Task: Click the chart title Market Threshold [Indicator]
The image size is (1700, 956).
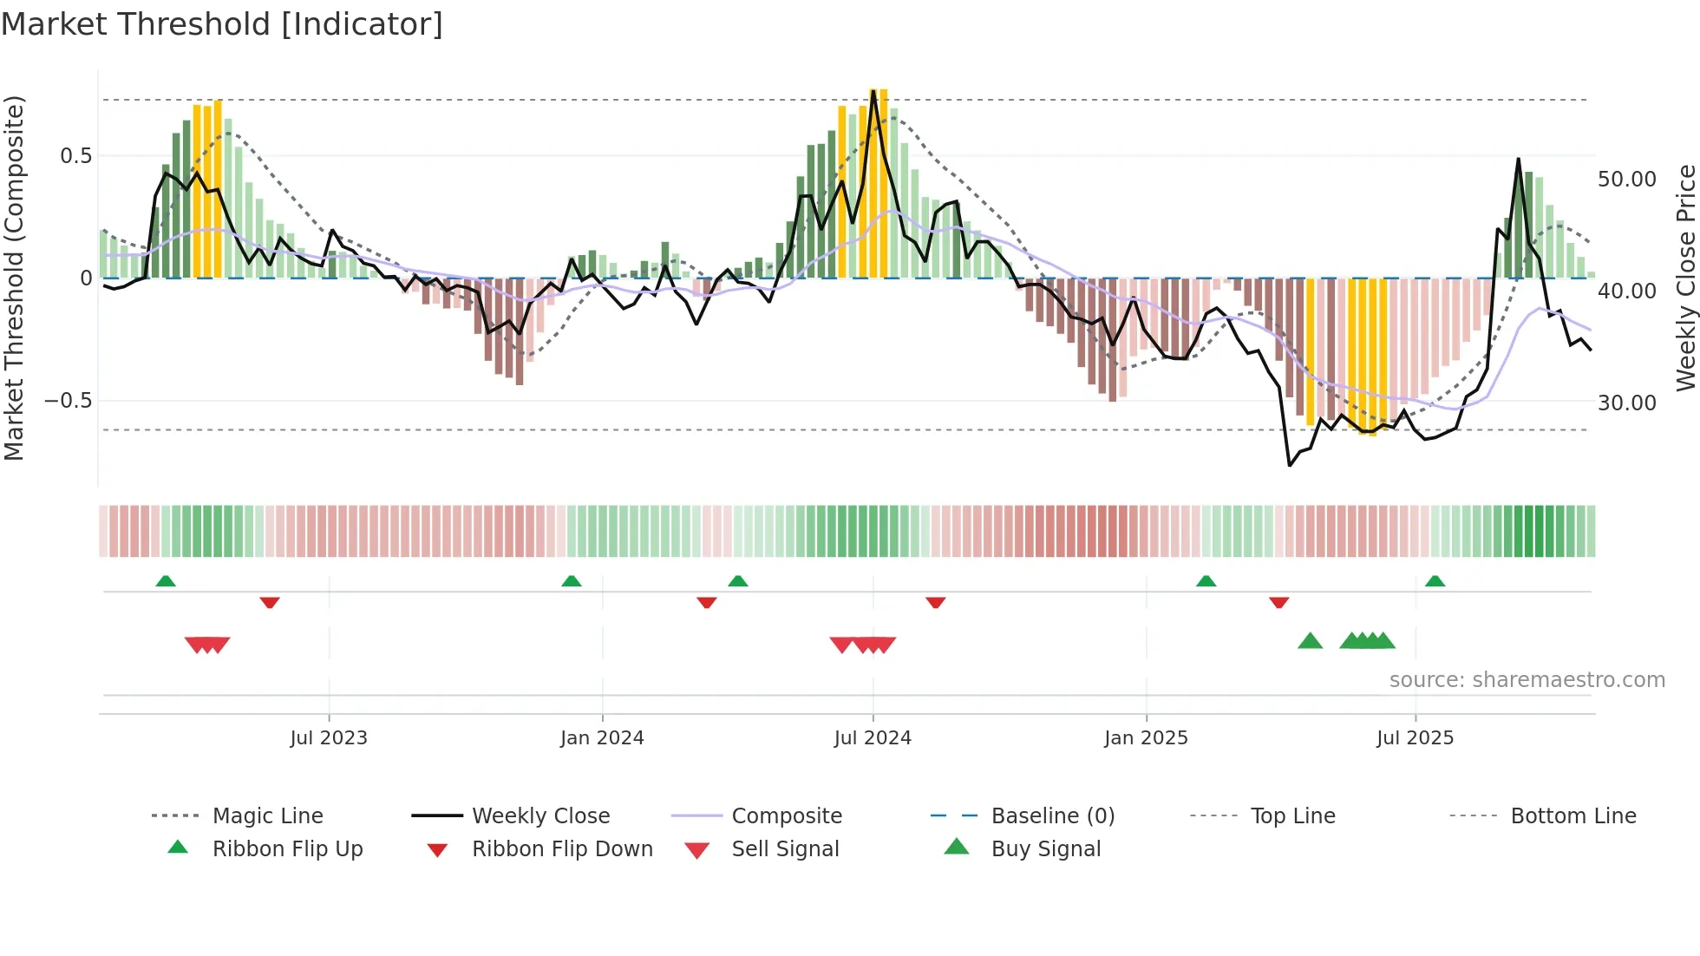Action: pyautogui.click(x=222, y=24)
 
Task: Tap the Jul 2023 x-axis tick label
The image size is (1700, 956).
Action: pyautogui.click(x=329, y=738)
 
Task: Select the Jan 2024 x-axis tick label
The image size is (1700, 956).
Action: pyautogui.click(x=602, y=738)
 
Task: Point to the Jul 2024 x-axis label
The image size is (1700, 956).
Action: pyautogui.click(x=873, y=738)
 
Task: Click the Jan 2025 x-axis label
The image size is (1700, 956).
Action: pyautogui.click(x=1146, y=738)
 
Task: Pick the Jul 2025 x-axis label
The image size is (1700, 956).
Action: pyautogui.click(x=1415, y=738)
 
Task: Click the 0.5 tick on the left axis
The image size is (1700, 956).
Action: pyautogui.click(x=75, y=156)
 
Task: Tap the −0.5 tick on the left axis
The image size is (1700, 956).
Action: pyautogui.click(x=68, y=401)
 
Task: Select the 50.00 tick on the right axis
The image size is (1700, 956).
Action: pyautogui.click(x=1627, y=180)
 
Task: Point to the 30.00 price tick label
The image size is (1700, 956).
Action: pyautogui.click(x=1627, y=403)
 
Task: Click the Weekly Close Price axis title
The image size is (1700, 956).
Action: pyautogui.click(x=1685, y=278)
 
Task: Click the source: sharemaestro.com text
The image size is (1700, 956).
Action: pyautogui.click(x=1527, y=680)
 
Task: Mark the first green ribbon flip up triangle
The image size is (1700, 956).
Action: pyautogui.click(x=166, y=581)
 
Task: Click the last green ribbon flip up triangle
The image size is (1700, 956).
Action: pyautogui.click(x=1435, y=581)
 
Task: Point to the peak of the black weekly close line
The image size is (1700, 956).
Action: pyautogui.click(x=873, y=90)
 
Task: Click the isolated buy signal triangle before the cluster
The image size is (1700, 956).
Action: pyautogui.click(x=1310, y=642)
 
